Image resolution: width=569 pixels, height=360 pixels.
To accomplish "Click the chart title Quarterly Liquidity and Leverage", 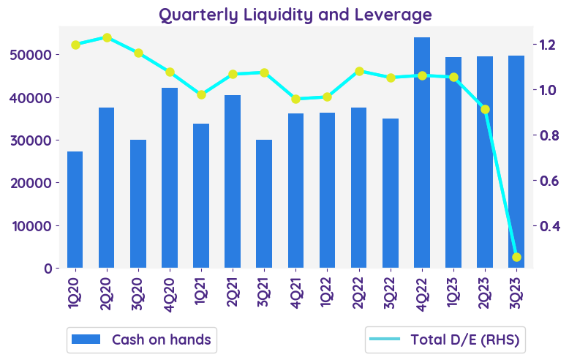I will coord(295,15).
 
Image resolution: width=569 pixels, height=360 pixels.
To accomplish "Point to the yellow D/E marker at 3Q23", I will coord(516,257).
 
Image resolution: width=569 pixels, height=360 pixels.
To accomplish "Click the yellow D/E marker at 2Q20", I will coord(107,37).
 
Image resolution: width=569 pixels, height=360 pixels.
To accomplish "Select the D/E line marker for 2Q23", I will coord(485,109).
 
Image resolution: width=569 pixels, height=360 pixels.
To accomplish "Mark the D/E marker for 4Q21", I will coord(295,99).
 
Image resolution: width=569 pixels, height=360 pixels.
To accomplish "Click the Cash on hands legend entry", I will coord(141,340).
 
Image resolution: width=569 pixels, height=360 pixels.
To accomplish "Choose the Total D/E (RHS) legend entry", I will coord(446,340).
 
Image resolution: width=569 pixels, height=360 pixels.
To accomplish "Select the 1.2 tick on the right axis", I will coord(549,45).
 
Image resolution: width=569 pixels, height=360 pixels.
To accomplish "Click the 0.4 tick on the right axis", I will coord(549,226).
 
